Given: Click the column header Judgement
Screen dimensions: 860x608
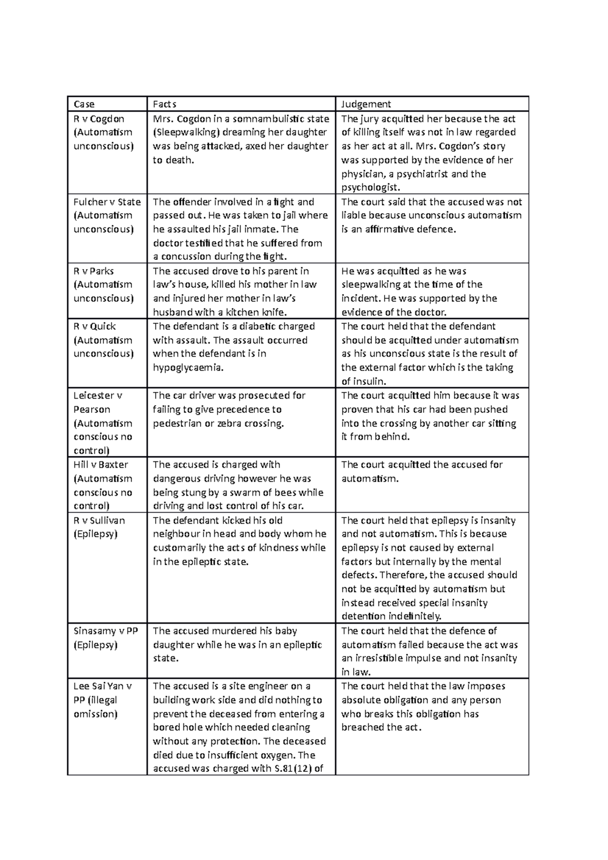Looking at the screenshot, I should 366,104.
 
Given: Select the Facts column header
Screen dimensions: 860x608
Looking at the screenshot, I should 165,104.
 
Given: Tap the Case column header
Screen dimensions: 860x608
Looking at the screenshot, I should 84,104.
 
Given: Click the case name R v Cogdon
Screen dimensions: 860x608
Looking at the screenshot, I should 99,119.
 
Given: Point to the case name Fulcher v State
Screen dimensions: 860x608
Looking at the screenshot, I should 107,202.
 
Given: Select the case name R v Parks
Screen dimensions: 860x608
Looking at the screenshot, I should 94,271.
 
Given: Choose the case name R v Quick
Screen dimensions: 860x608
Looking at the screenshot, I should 95,327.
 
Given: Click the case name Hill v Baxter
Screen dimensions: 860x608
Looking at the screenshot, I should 101,465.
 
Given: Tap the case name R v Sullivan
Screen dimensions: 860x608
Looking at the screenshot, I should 99,521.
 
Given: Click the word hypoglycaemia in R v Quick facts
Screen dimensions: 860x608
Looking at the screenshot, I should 188,368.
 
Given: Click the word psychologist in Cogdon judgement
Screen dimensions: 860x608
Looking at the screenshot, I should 370,188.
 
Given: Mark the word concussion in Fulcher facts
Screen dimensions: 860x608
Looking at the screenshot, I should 193,257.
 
